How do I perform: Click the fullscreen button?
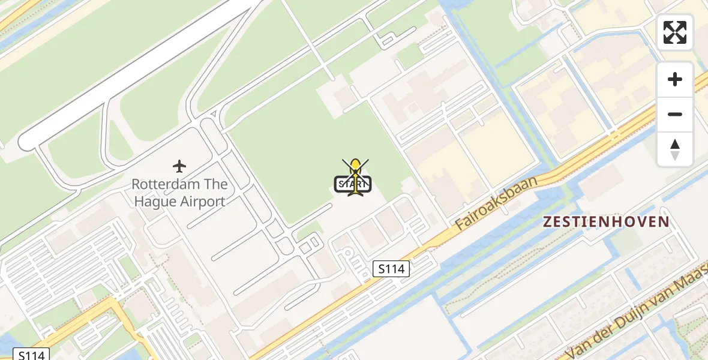coord(675,32)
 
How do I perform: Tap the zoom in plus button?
coord(675,79)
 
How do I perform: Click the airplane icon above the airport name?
coord(179,166)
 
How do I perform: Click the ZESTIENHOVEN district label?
coord(606,221)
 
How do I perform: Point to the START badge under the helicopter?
coord(353,184)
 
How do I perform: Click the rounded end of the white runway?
coord(26,142)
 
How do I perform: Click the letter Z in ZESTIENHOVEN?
coord(547,221)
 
